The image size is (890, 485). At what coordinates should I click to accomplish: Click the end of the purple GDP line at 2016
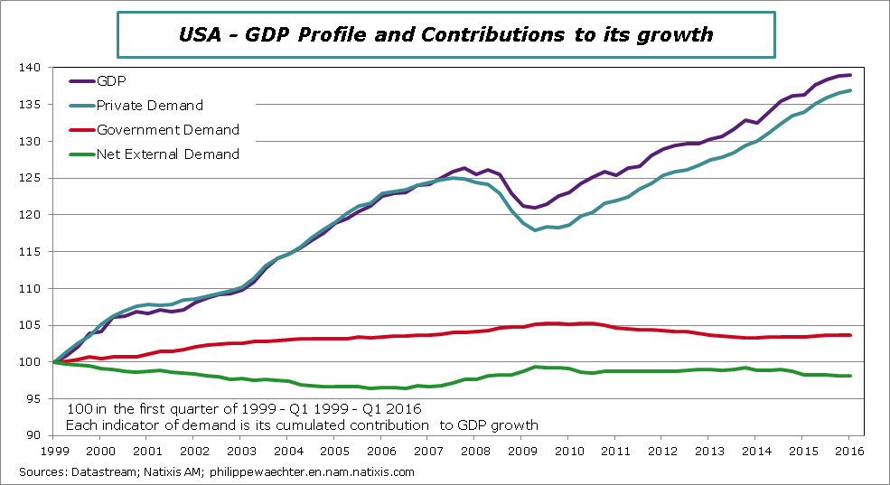(x=850, y=75)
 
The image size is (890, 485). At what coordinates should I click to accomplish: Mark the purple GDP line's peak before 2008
(x=464, y=168)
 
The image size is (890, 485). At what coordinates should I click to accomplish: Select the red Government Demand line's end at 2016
(x=850, y=335)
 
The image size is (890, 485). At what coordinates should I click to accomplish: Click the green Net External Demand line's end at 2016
(x=850, y=376)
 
